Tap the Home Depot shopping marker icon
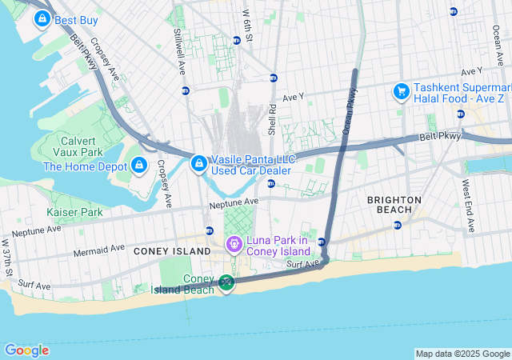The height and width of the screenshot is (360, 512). [x=139, y=166]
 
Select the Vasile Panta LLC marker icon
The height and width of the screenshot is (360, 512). [x=198, y=164]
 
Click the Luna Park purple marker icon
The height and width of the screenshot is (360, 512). [x=234, y=244]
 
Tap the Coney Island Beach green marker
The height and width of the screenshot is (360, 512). [x=226, y=282]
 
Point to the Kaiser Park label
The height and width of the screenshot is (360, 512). [x=74, y=212]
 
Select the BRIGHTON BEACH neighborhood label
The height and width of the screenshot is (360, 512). [x=394, y=204]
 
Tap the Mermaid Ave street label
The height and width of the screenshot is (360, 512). [x=98, y=249]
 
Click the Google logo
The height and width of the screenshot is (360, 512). [x=26, y=350]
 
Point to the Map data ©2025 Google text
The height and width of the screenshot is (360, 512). [x=462, y=354]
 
